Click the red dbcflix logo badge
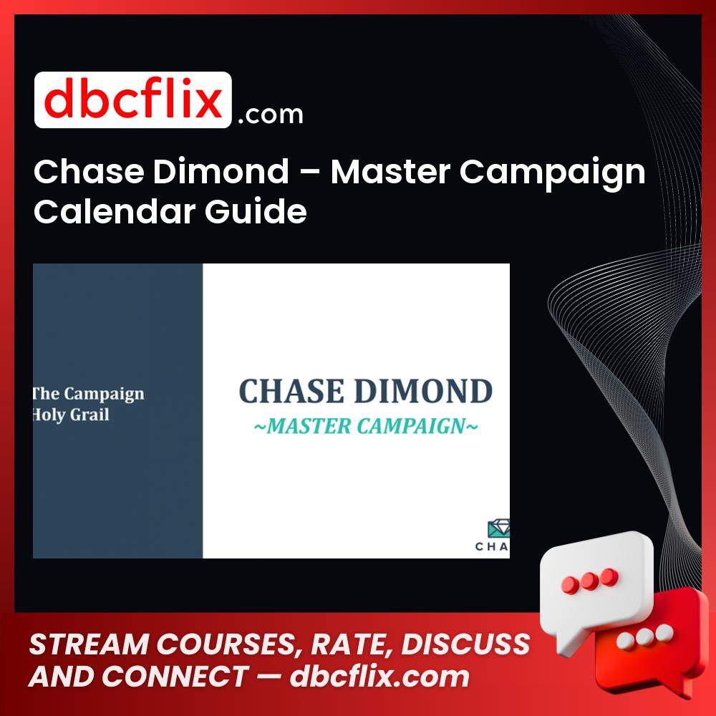133,100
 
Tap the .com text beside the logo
271,114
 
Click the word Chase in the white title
89,171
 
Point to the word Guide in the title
256,211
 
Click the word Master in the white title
390,171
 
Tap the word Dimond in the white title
221,171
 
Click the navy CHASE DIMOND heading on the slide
365,392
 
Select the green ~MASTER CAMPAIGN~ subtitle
366,426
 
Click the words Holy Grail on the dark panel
71,415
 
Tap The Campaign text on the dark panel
88,394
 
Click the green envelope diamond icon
499,528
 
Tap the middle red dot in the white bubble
589,581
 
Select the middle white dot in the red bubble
644,637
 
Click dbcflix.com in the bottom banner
379,676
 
